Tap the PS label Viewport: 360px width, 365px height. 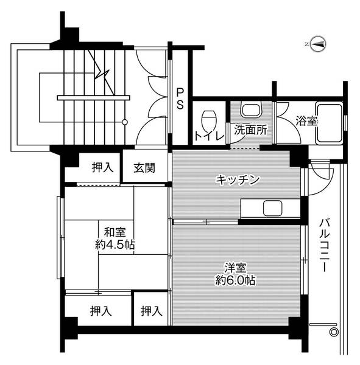pyautogui.click(x=180, y=99)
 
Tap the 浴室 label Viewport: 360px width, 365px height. pyautogui.click(x=306, y=120)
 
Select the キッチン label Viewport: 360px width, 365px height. pyautogui.click(x=238, y=179)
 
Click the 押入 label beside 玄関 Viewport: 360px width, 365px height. pyautogui.click(x=102, y=167)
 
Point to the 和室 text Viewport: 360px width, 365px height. pyautogui.click(x=115, y=232)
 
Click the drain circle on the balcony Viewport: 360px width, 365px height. pyautogui.click(x=333, y=332)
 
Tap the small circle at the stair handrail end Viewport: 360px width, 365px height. pyautogui.click(x=125, y=122)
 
